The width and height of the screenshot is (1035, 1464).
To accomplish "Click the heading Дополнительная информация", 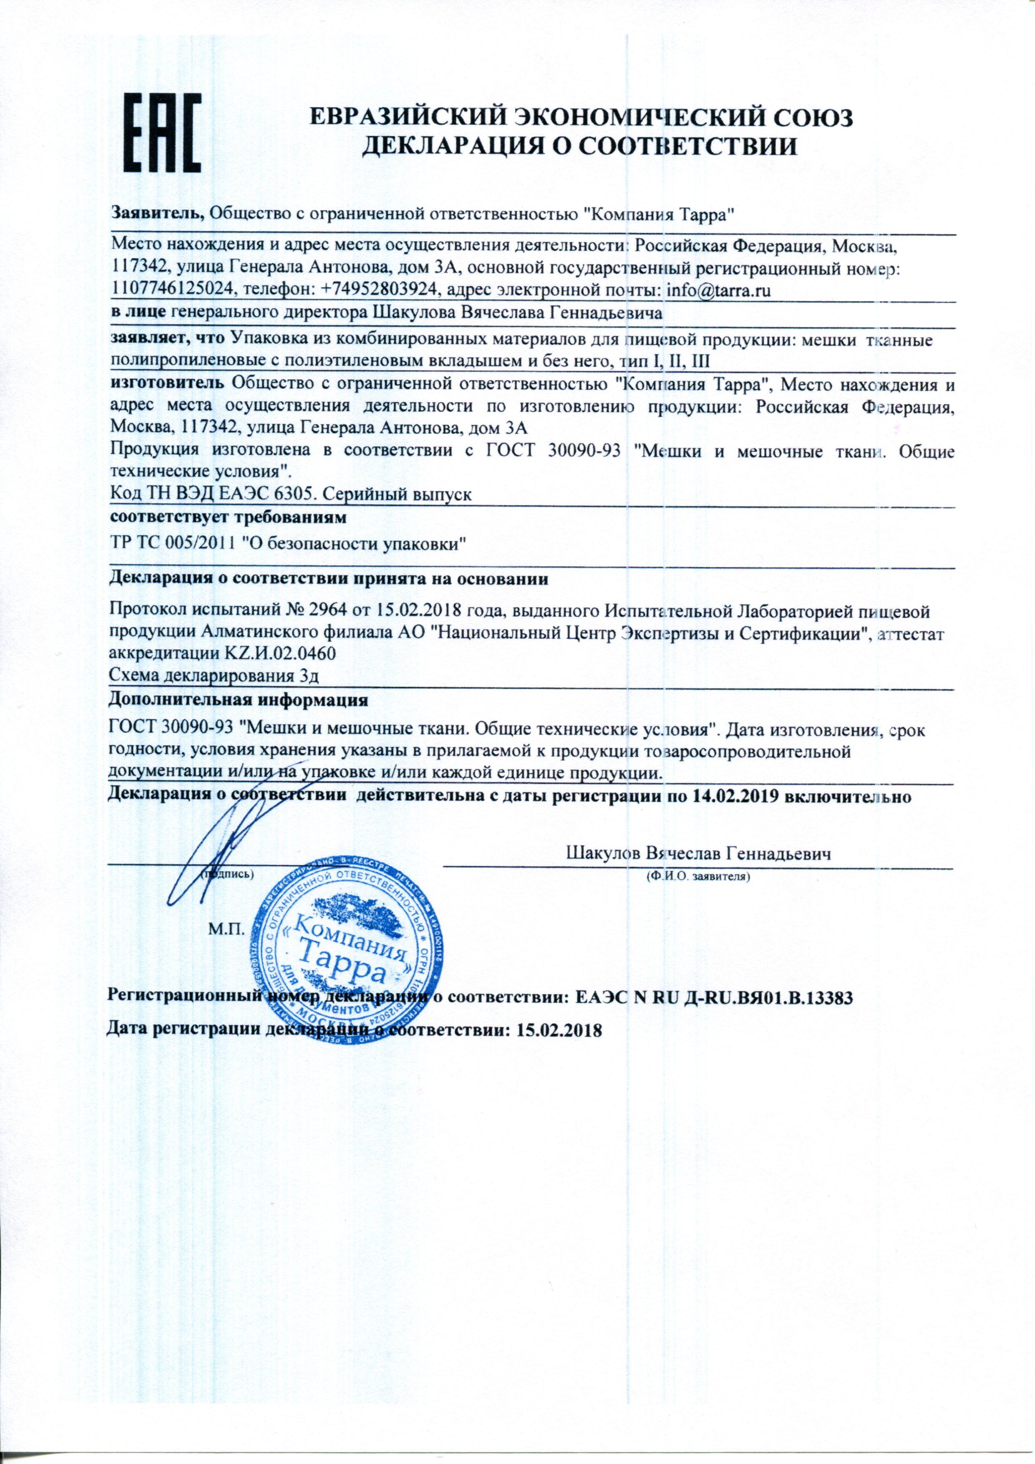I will [239, 700].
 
